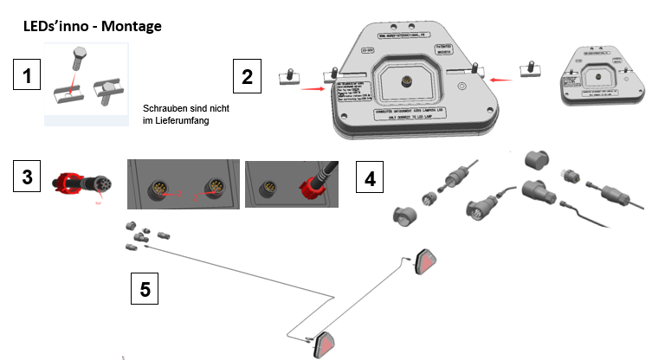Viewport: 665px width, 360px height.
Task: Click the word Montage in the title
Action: click(131, 26)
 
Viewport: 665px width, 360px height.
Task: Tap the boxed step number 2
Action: click(247, 76)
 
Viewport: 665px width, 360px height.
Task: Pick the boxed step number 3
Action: click(28, 177)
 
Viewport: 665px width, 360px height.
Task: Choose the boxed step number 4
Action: click(371, 179)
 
